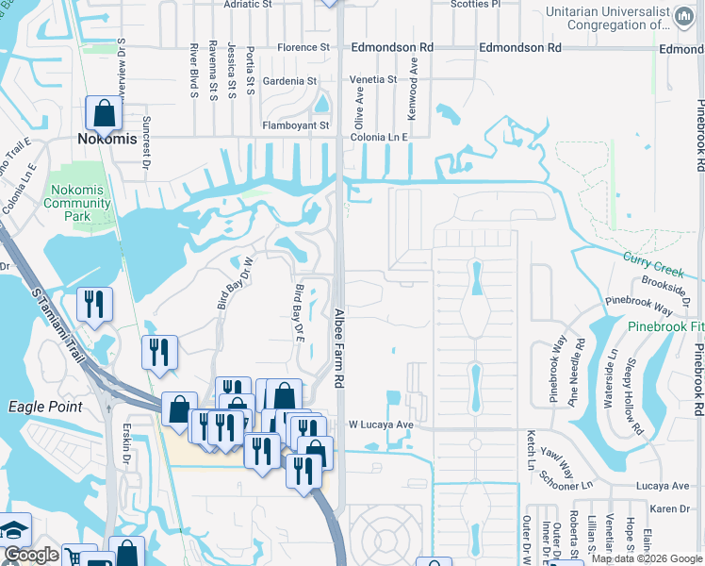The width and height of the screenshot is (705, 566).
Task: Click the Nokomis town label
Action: click(x=107, y=139)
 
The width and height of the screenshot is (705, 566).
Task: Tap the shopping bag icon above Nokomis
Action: click(x=104, y=114)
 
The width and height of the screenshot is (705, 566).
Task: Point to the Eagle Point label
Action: click(x=45, y=407)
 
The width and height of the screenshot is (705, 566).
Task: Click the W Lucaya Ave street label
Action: click(x=382, y=424)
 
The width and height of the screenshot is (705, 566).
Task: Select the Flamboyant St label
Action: click(x=296, y=125)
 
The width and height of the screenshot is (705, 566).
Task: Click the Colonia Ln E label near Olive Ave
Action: click(x=379, y=137)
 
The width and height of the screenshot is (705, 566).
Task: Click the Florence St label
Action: click(x=303, y=47)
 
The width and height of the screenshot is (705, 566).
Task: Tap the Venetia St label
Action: click(x=373, y=80)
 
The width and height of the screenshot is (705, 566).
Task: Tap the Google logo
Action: click(x=31, y=555)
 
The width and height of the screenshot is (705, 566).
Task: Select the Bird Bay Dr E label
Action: click(x=300, y=313)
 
